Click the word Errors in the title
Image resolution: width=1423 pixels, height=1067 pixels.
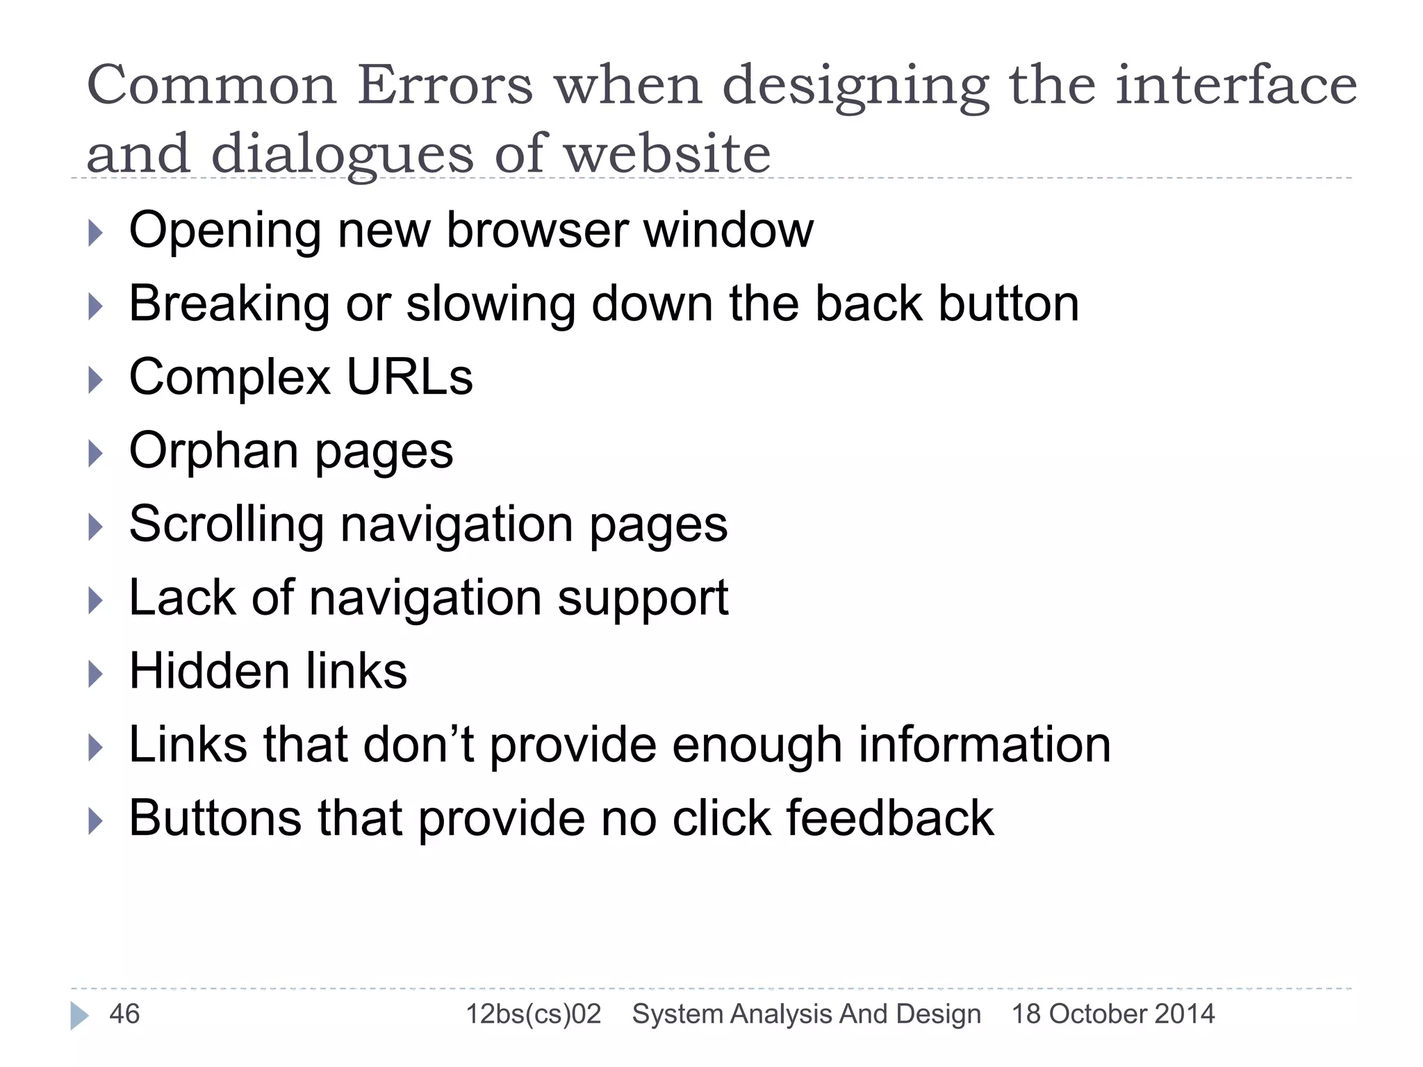pyautogui.click(x=445, y=85)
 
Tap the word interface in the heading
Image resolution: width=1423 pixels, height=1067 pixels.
pyautogui.click(x=1236, y=85)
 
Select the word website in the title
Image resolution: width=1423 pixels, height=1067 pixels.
pyautogui.click(x=667, y=154)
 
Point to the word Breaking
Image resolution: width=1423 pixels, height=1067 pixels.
pyautogui.click(x=229, y=304)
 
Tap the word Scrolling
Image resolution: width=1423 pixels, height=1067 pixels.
pyautogui.click(x=227, y=524)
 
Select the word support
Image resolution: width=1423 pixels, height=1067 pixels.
pyautogui.click(x=643, y=599)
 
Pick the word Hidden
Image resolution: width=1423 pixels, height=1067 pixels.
pyautogui.click(x=208, y=672)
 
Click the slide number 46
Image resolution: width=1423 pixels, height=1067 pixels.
pyautogui.click(x=124, y=1014)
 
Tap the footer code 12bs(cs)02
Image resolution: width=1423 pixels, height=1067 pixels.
pyautogui.click(x=533, y=1014)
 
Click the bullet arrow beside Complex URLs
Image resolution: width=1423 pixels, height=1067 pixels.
pyautogui.click(x=96, y=380)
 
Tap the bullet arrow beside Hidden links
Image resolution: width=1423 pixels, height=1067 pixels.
pyautogui.click(x=96, y=674)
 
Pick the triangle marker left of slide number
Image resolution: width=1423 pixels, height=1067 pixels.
pyautogui.click(x=79, y=1016)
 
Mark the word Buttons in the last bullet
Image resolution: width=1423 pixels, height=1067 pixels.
pyautogui.click(x=215, y=818)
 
